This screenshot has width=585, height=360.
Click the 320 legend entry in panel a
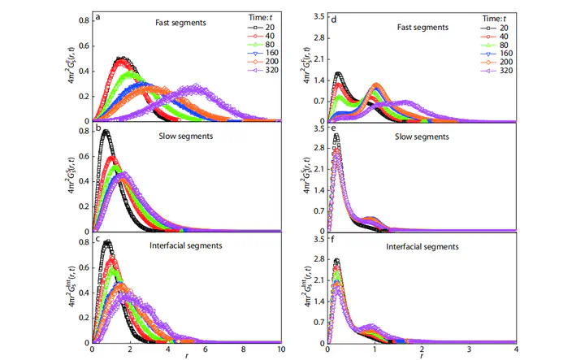tap(256, 70)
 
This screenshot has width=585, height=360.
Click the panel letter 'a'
tap(97, 16)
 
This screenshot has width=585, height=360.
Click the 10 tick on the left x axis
tap(281, 350)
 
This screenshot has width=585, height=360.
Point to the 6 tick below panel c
tap(206, 350)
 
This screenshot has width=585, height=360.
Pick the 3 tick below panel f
tap(469, 350)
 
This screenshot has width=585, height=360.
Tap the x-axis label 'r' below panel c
tap(188, 357)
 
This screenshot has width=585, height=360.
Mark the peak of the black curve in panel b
tap(106, 132)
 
